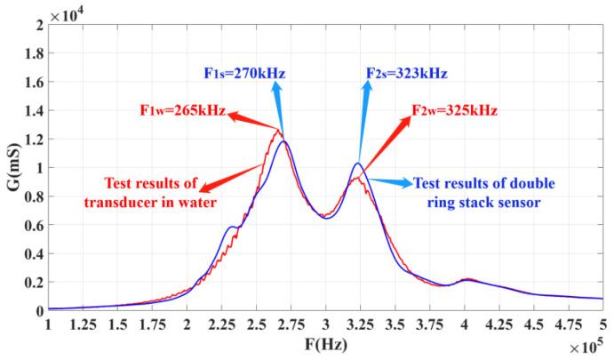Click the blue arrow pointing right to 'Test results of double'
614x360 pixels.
point(391,181)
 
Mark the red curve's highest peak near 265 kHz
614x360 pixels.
point(277,130)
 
